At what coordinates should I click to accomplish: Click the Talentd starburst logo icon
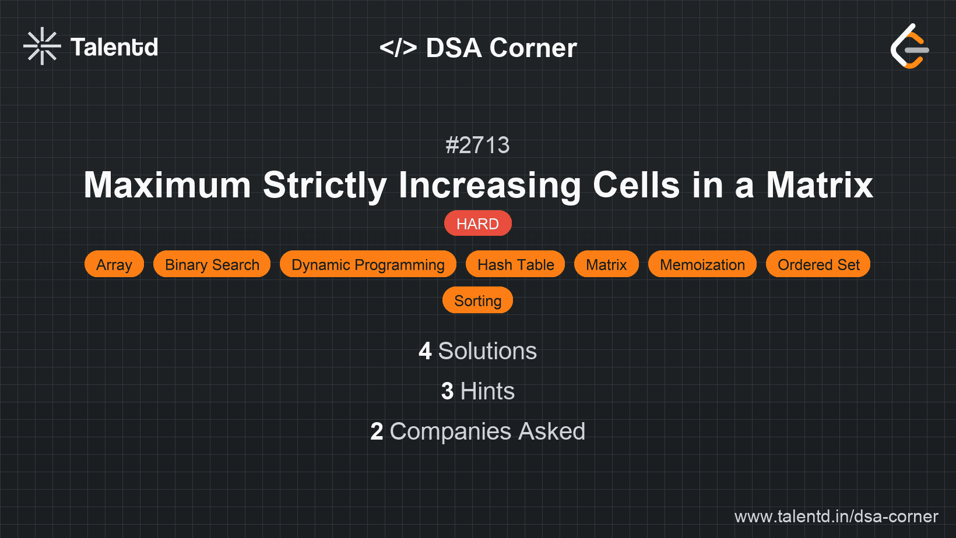[42, 46]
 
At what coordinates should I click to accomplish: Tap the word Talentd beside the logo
[114, 47]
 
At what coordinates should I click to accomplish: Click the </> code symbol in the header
[398, 48]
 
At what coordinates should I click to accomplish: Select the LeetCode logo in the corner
[909, 47]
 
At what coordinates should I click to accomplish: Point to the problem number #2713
[477, 145]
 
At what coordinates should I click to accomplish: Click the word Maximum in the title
[167, 185]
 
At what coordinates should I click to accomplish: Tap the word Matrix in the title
[819, 185]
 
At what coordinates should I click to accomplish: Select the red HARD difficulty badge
[477, 224]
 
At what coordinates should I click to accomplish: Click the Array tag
[114, 264]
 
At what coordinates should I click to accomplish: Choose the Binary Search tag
[212, 264]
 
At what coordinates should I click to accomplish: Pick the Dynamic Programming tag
[368, 264]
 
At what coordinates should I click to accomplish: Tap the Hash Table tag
[515, 264]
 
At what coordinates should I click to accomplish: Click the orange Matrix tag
[606, 264]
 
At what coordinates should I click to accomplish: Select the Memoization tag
[702, 264]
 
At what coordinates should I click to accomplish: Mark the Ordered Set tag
[818, 264]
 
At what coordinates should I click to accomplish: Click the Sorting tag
[477, 300]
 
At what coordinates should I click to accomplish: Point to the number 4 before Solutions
[425, 351]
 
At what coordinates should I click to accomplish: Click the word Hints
[487, 391]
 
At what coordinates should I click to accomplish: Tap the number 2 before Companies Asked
[377, 431]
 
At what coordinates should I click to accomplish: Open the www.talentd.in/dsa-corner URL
[836, 516]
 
